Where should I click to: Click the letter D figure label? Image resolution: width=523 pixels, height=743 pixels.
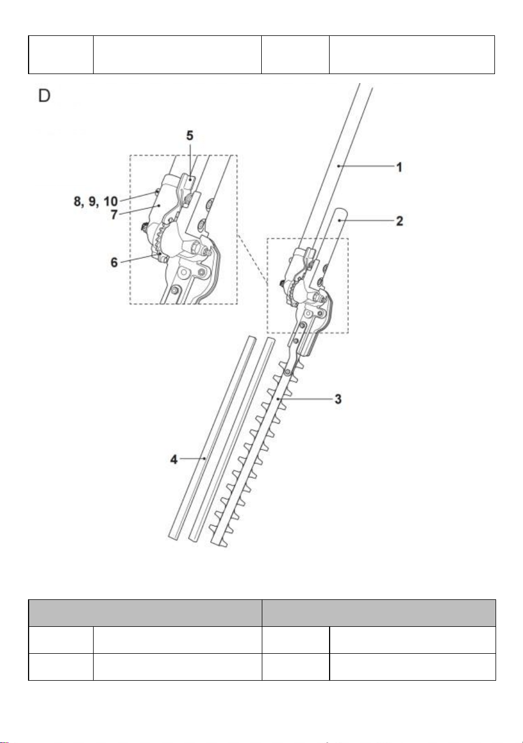tap(44, 96)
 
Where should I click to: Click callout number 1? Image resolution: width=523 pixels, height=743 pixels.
tap(399, 167)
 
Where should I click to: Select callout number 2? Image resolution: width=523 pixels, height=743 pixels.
tap(400, 221)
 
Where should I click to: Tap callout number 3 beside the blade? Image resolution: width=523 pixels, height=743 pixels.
tap(338, 399)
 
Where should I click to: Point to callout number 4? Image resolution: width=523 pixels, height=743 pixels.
tap(174, 460)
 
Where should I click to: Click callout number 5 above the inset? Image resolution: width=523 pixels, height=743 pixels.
tap(189, 135)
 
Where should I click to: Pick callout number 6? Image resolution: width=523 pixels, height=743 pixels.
tap(114, 263)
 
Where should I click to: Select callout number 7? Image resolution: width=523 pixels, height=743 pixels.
tap(114, 214)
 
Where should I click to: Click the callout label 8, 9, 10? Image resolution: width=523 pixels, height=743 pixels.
tap(96, 201)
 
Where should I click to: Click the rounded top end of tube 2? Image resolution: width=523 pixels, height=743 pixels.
tap(342, 210)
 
